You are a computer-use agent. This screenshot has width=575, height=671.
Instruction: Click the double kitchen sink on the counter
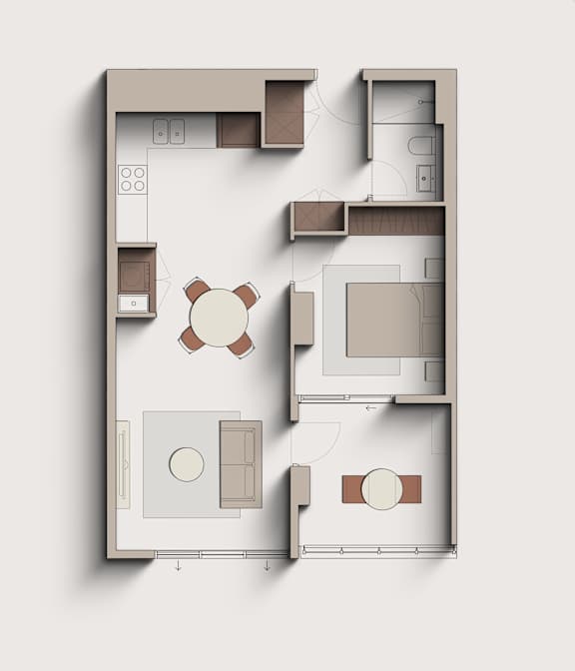coord(169,131)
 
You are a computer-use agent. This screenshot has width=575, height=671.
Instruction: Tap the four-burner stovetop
coord(133,179)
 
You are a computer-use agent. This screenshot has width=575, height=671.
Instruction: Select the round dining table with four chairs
coord(219,318)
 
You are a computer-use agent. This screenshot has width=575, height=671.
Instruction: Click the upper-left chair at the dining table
coord(197,292)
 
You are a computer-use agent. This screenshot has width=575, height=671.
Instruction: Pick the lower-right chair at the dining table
coord(242,344)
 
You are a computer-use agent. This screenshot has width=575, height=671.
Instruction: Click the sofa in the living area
coord(240,463)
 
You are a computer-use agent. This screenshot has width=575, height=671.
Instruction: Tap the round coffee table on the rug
coord(187,464)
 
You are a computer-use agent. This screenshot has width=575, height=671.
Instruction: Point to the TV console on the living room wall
coord(123,464)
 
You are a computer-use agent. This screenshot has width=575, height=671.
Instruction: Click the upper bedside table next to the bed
coord(434,268)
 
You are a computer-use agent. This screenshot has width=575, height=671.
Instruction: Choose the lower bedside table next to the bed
coord(434,371)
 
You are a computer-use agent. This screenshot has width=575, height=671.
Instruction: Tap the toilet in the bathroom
coord(421,146)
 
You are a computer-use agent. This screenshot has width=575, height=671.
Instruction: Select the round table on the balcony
coord(380,489)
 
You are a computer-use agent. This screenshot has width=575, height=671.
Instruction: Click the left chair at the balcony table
coord(351,489)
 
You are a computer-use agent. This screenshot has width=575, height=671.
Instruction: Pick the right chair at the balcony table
coord(410,489)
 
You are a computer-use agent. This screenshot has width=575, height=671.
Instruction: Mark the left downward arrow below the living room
coord(178,566)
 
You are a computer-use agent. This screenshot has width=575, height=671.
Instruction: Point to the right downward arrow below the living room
coord(267,566)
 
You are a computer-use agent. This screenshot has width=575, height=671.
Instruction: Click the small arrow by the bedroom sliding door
coord(370,407)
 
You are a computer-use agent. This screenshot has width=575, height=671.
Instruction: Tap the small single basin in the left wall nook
coord(133,302)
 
